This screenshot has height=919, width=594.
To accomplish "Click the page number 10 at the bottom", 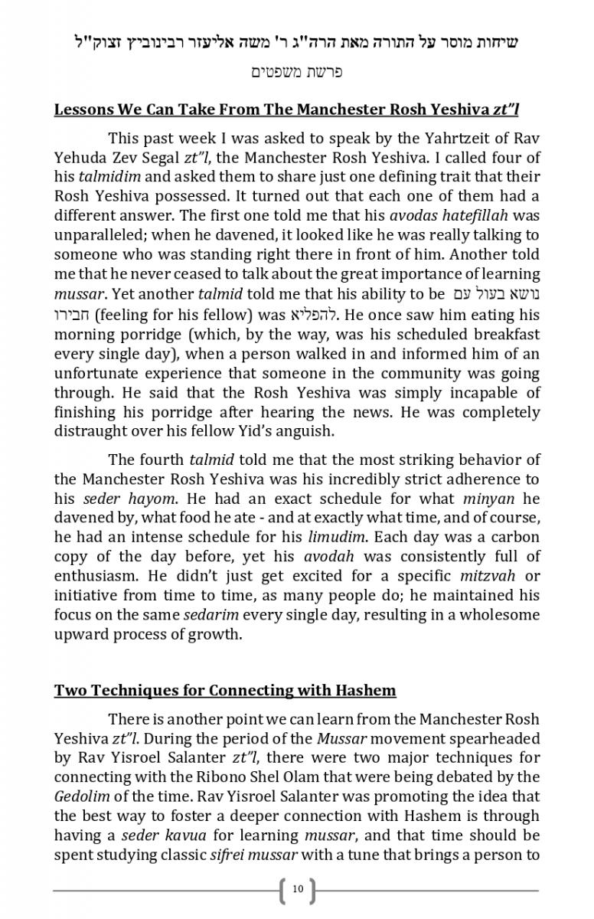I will pyautogui.click(x=298, y=889).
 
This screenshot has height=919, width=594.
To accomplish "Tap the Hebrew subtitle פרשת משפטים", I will pyautogui.click(x=297, y=73).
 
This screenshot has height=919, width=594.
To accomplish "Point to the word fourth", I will pyautogui.click(x=162, y=460).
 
